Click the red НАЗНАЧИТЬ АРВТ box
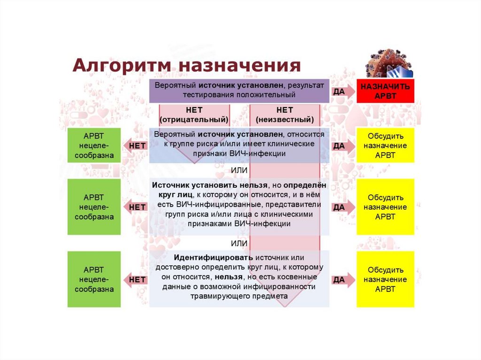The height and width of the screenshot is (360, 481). pyautogui.click(x=385, y=91)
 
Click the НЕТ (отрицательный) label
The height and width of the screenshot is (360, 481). pyautogui.click(x=194, y=115)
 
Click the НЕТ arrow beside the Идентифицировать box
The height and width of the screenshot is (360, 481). pyautogui.click(x=135, y=279)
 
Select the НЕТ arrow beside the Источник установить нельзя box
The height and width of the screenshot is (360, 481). pyautogui.click(x=135, y=207)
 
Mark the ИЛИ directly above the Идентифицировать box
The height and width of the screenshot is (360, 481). pyautogui.click(x=239, y=243)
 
